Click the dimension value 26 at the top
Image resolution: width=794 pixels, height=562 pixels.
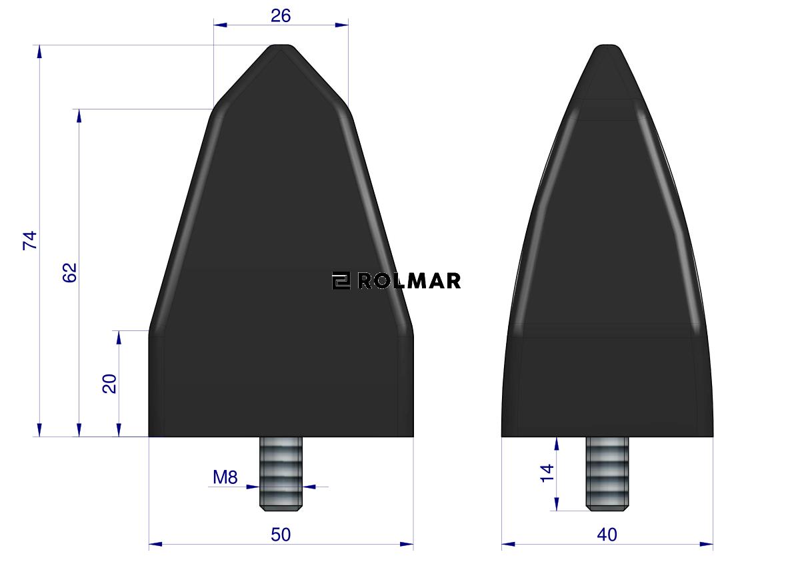tap(281, 16)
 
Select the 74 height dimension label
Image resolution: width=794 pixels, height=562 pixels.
tap(31, 240)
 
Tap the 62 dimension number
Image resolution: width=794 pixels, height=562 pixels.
tap(69, 272)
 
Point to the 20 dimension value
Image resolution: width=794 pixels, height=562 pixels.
tap(109, 384)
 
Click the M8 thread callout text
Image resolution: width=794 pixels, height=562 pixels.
tap(225, 477)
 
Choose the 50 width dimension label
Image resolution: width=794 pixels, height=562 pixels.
tap(281, 535)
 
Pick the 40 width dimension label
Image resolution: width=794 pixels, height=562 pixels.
tap(607, 535)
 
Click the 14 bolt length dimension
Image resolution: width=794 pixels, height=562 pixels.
tap(547, 473)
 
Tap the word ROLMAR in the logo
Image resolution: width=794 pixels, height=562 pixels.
tap(409, 281)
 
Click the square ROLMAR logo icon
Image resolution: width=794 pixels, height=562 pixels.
tap(341, 281)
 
